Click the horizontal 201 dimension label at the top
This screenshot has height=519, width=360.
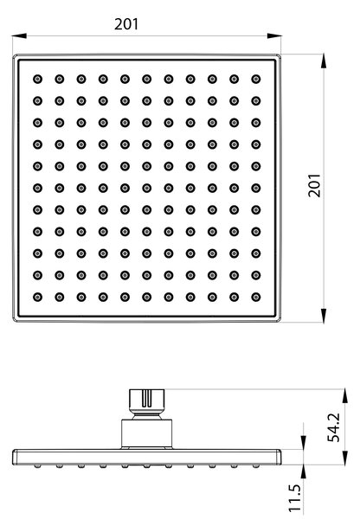pos(126,24)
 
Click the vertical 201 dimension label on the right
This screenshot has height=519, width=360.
pos(314,185)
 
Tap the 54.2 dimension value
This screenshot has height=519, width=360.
pos(333,427)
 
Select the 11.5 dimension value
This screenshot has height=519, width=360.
pos(294,498)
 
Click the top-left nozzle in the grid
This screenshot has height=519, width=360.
pos(37,79)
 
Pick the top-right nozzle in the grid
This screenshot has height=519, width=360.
pos(255,79)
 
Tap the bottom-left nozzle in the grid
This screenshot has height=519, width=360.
pos(37,297)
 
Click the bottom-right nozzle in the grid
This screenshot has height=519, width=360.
pos(255,297)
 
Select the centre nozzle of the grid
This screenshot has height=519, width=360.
pos(147,188)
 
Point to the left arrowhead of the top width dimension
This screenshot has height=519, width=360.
pos(19,35)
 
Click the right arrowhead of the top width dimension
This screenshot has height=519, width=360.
pos(274,35)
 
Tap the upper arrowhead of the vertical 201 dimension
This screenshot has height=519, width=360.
pos(324,61)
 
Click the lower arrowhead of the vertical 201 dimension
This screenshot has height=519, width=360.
pos(324,315)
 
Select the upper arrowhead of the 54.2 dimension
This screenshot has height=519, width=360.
pos(345,396)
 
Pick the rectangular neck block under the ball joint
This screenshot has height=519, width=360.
pos(147,433)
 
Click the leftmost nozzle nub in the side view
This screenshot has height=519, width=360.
pos(38,466)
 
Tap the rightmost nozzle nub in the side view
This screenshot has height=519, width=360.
pos(255,466)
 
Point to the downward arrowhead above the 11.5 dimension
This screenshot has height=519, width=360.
pos(303,443)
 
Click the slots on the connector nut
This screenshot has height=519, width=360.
pos(147,399)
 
